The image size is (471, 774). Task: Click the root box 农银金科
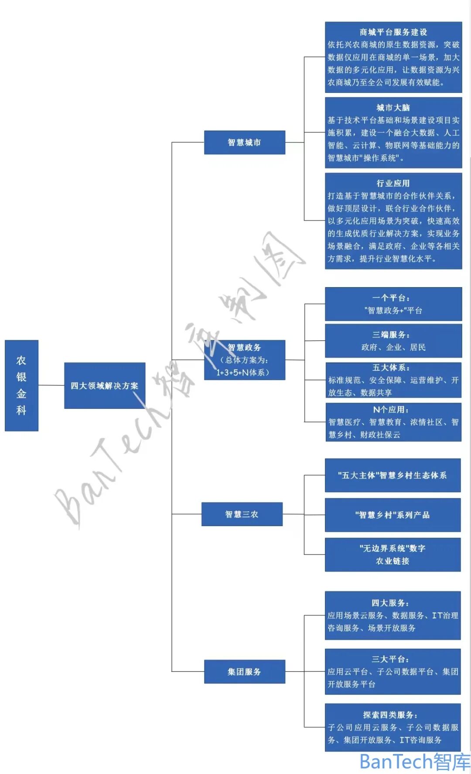point(21,385)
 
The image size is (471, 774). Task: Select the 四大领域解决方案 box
point(105,385)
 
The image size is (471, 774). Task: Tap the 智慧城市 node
point(244,142)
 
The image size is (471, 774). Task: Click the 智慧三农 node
point(242,514)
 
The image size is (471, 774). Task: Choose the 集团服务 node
point(244,671)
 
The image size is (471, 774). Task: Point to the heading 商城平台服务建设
point(393,32)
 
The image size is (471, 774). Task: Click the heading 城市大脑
point(393,108)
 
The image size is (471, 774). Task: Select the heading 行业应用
point(393,183)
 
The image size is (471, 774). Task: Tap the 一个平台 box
point(393,304)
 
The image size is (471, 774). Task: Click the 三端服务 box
point(393,341)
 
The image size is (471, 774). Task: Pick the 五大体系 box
point(393,380)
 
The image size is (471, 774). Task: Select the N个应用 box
point(393,422)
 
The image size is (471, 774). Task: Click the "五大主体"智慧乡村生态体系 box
point(392,475)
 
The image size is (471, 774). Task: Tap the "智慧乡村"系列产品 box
point(392,515)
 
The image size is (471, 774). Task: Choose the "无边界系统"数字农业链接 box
point(392,555)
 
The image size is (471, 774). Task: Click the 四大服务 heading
point(390,603)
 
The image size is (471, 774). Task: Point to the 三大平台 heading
point(390,659)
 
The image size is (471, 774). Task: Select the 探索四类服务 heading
point(390,715)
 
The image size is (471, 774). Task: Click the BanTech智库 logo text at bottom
point(414,762)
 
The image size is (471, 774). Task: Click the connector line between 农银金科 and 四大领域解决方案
point(51,385)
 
